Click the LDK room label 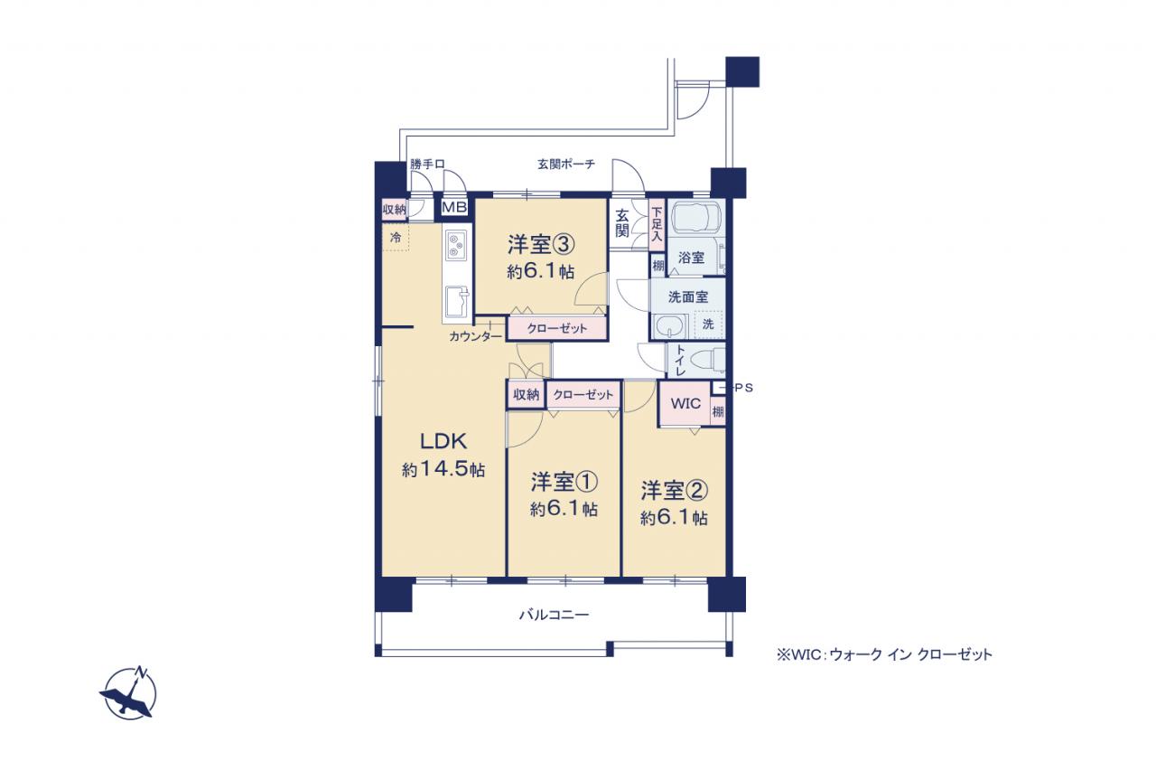pyautogui.click(x=443, y=441)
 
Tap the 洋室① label pyautogui.click(x=564, y=483)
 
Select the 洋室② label pyautogui.click(x=674, y=491)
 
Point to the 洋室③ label pyautogui.click(x=541, y=245)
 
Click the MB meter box pyautogui.click(x=454, y=208)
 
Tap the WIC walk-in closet pyautogui.click(x=685, y=403)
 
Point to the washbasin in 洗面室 pyautogui.click(x=669, y=326)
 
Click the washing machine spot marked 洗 pyautogui.click(x=708, y=324)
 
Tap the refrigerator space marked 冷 pyautogui.click(x=396, y=238)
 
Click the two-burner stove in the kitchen pyautogui.click(x=456, y=245)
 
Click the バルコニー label pyautogui.click(x=554, y=615)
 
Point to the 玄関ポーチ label pyautogui.click(x=566, y=165)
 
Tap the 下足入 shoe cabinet pyautogui.click(x=657, y=225)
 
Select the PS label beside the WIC pyautogui.click(x=743, y=388)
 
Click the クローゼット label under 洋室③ pyautogui.click(x=557, y=328)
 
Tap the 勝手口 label pyautogui.click(x=427, y=165)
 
